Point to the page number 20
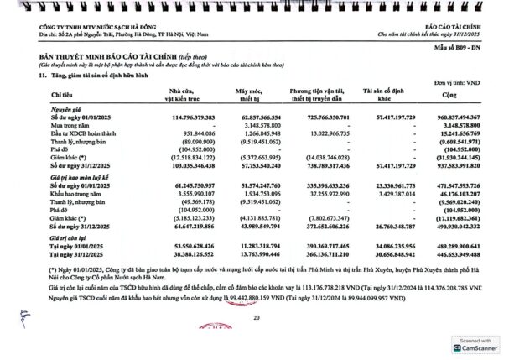click(256, 318)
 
